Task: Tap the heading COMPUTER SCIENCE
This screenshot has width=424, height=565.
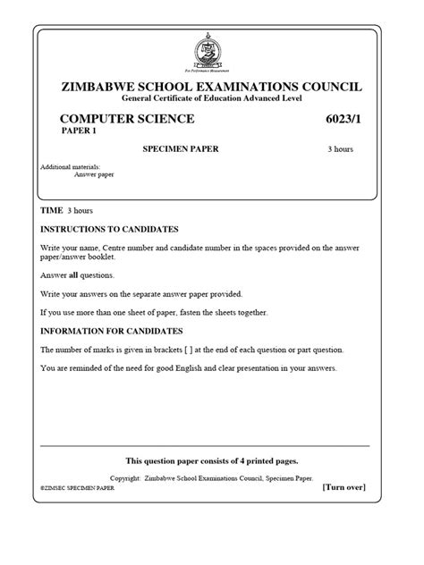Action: pos(126,119)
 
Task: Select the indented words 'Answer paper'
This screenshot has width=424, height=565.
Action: pos(95,174)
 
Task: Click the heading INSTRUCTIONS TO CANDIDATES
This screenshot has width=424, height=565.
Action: pos(110,229)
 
